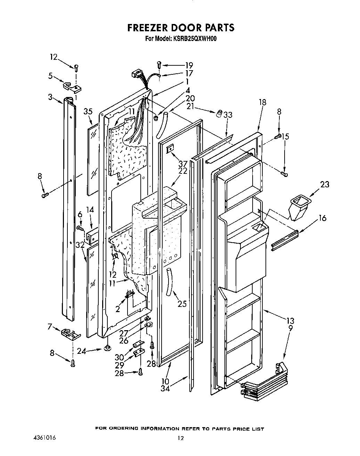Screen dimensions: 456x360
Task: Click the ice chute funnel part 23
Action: pos(298,207)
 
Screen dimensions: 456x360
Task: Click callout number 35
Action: pos(88,112)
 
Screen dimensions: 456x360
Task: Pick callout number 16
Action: pos(322,218)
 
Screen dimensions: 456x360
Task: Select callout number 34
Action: pos(165,389)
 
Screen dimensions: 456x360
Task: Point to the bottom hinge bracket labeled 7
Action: pos(70,334)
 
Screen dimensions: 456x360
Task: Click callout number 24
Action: pos(81,351)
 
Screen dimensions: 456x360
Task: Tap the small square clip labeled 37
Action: pos(170,149)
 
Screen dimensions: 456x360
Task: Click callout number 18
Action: pos(262,102)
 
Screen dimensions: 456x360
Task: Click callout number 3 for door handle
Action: pos(50,97)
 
